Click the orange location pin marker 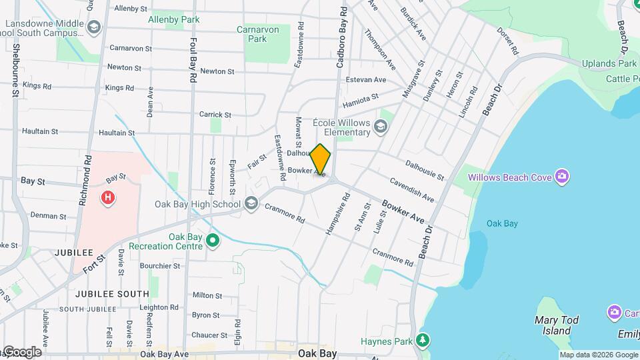coord(321,159)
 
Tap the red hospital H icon coord(107,197)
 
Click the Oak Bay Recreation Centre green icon coord(213,239)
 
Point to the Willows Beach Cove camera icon coord(563,176)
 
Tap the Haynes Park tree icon coord(423,341)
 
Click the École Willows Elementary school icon coord(380,126)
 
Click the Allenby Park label coord(173,19)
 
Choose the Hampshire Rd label coord(337,213)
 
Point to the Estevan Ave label coord(371,80)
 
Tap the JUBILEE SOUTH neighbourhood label coord(112,293)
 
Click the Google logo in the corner coord(22,351)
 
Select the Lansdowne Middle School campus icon coord(94,27)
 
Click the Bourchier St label coord(160,265)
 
